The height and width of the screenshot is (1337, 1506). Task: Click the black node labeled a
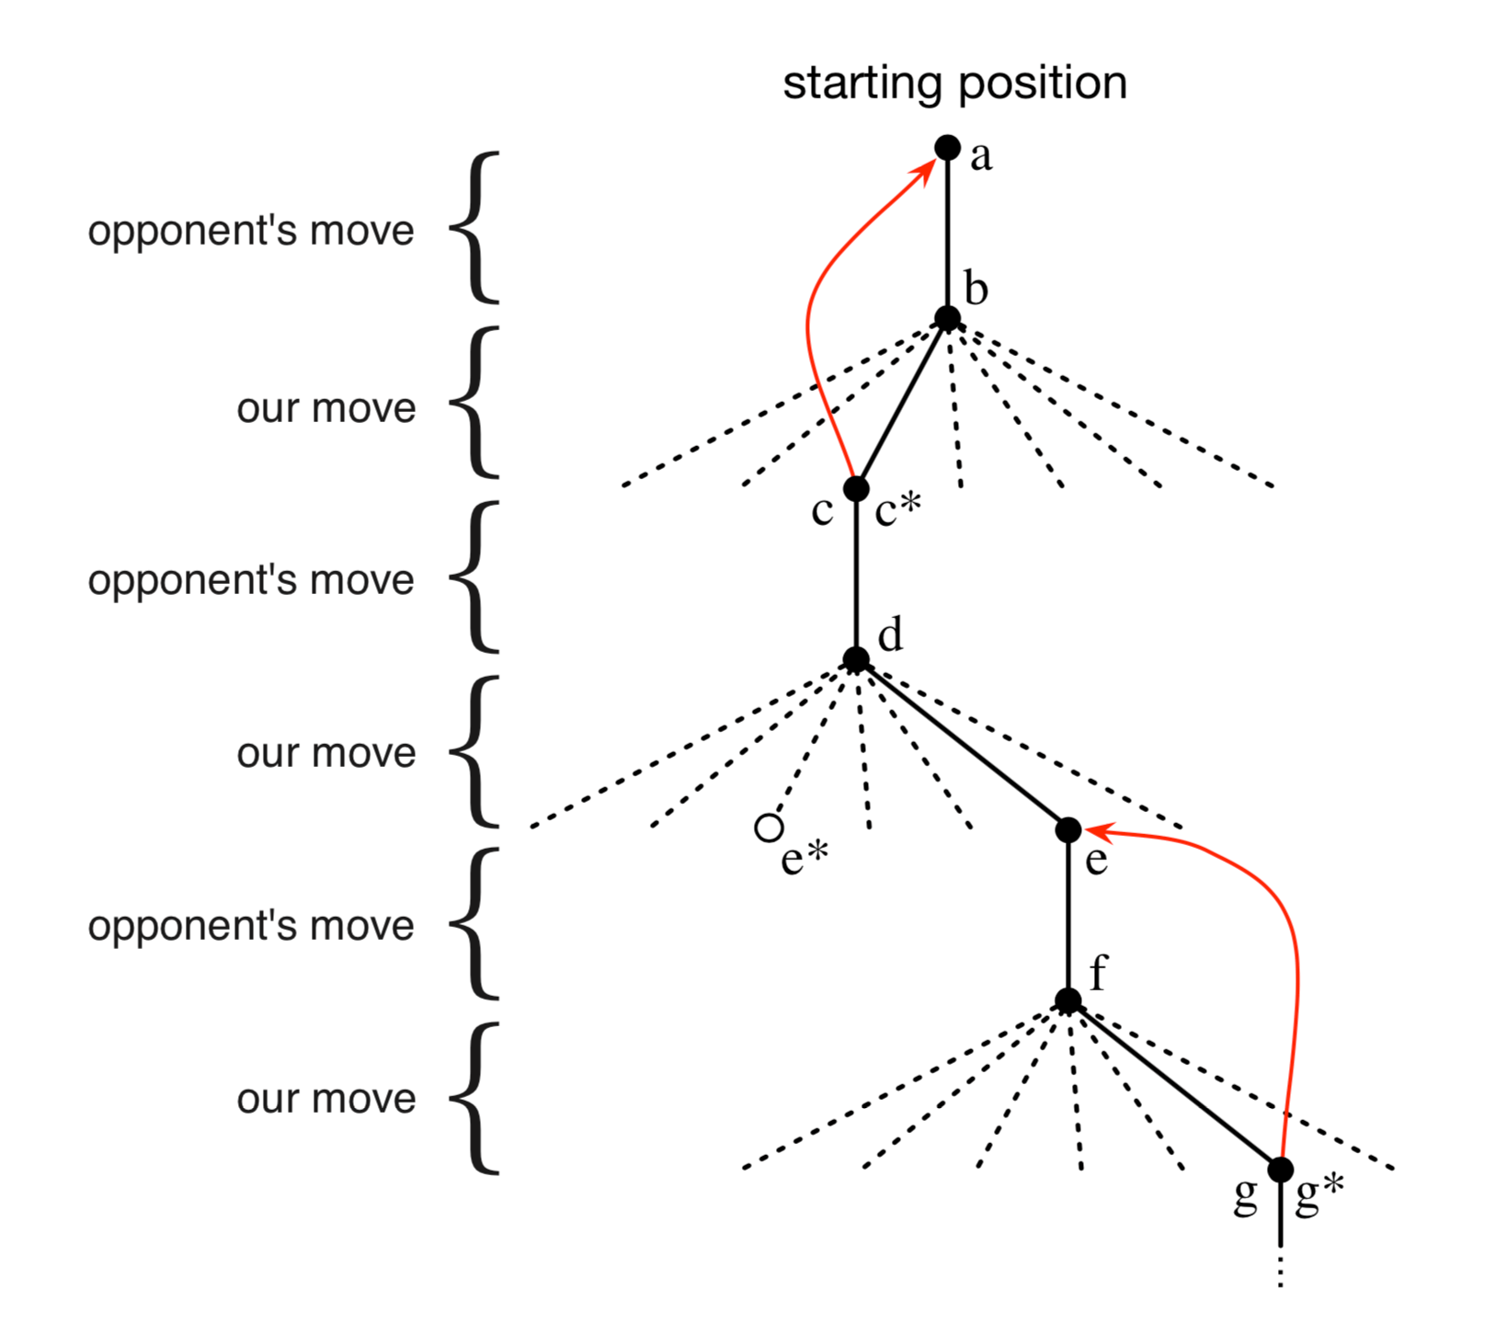tap(947, 147)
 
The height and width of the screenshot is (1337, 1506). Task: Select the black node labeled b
tap(947, 319)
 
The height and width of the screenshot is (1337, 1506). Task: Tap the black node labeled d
tap(856, 659)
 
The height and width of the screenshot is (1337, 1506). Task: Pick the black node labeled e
tap(1067, 829)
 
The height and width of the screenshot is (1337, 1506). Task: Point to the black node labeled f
tap(1067, 1000)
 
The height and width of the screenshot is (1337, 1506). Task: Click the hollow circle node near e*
tap(769, 828)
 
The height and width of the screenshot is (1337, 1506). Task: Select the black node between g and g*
tap(1280, 1170)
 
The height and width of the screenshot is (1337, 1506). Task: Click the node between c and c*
tap(856, 488)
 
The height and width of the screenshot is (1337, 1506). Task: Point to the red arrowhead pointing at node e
tap(1100, 831)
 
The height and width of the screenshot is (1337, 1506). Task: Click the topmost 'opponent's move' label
tap(251, 231)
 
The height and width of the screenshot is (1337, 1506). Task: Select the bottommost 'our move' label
tap(326, 1099)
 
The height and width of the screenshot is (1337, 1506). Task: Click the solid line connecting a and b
tap(947, 234)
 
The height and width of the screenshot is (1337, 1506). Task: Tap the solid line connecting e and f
tap(1067, 915)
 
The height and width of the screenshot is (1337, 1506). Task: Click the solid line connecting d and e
tap(962, 745)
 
